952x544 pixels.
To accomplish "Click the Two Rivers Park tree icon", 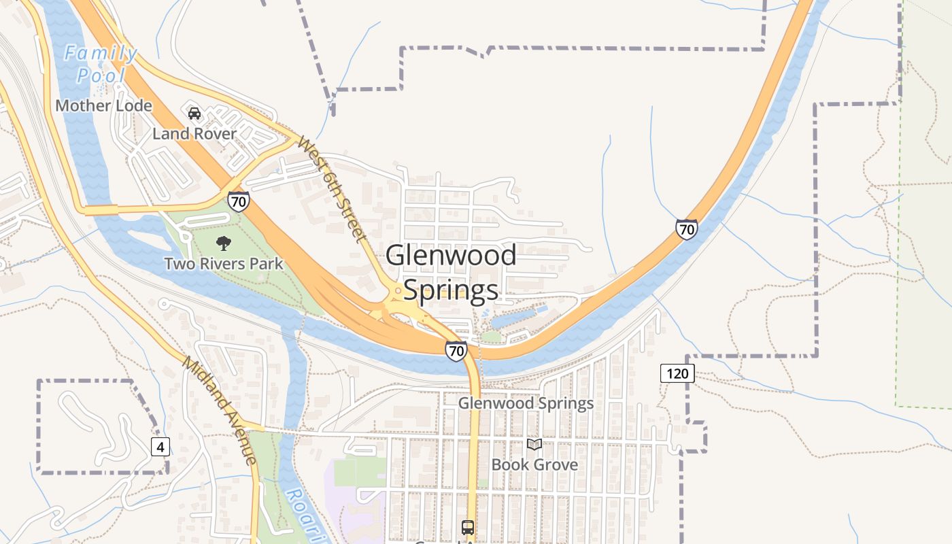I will (x=223, y=243).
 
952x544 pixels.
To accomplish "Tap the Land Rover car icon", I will (x=194, y=114).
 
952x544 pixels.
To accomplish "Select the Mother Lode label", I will (x=103, y=105).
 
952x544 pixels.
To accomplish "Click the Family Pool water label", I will (x=101, y=64).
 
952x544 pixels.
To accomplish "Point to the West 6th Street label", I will (x=332, y=190).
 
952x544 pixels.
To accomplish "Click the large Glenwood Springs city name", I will (x=451, y=273).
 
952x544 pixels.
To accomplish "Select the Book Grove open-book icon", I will (x=535, y=445).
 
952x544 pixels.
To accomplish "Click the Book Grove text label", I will (x=534, y=464).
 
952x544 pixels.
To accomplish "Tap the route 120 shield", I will (x=677, y=373).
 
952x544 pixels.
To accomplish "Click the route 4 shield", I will (x=160, y=447).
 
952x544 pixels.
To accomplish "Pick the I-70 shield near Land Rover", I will (x=238, y=201).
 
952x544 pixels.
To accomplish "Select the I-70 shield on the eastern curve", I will (x=686, y=229).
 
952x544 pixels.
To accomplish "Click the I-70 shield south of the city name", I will (x=456, y=351).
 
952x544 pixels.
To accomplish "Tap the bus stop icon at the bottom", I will (x=467, y=527).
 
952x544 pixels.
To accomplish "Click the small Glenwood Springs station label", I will (x=526, y=403).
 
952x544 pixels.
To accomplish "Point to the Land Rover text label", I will (x=194, y=133).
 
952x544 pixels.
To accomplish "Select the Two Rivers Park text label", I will (x=224, y=263).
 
